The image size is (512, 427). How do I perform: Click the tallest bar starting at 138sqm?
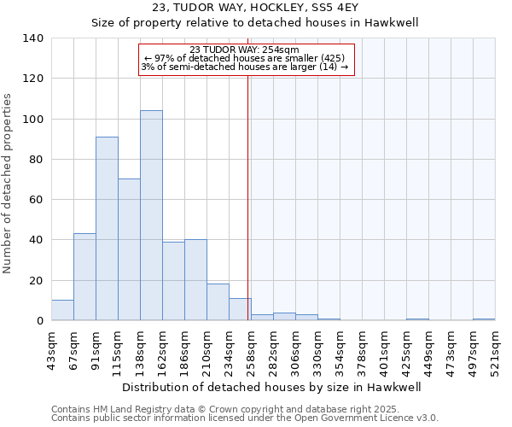coord(151,215)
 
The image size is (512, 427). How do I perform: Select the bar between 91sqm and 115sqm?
coord(107,229)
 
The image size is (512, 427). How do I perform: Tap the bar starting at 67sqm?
coord(84,277)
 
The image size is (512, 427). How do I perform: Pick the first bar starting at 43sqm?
coord(62,310)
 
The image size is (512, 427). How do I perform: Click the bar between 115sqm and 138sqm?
coord(129,249)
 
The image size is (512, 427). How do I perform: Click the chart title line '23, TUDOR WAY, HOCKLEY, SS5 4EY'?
coord(255,8)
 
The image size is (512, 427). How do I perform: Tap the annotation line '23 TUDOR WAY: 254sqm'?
coord(245,50)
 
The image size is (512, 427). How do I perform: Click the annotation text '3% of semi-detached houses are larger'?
coord(245,67)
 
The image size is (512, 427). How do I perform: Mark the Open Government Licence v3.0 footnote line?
coord(245,418)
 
